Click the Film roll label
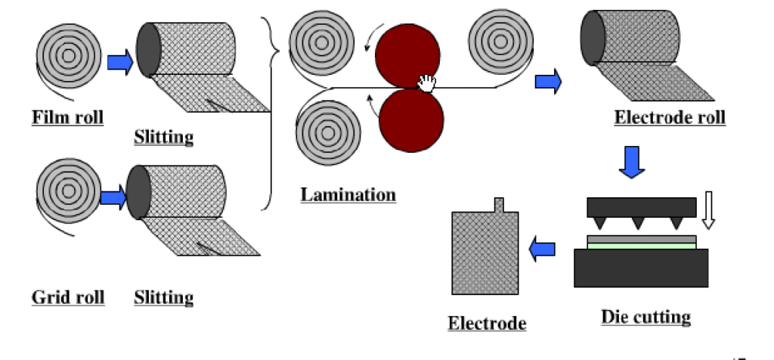tap(67, 118)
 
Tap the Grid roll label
tap(68, 297)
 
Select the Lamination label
tap(348, 194)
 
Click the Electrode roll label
tap(670, 117)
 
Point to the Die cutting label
tap(646, 316)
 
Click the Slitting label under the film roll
tap(163, 137)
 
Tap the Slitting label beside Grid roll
tap(163, 297)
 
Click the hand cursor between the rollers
tap(427, 82)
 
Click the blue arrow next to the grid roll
tap(113, 198)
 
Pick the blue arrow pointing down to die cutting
tap(632, 161)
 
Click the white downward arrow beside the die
tap(708, 210)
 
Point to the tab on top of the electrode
tap(500, 204)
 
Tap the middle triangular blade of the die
tap(639, 223)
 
